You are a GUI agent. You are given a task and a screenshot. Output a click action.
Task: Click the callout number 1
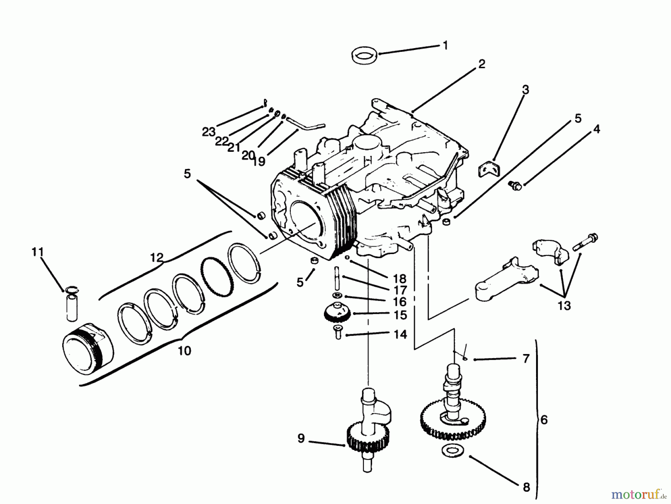[x=445, y=46]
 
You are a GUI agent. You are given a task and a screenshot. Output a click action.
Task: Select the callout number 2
[x=482, y=64]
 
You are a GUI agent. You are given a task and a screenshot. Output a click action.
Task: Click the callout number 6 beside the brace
[x=544, y=420]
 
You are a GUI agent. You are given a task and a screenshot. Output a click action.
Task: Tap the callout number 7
[x=526, y=359]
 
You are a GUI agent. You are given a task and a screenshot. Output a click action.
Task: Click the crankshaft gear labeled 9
[x=368, y=439]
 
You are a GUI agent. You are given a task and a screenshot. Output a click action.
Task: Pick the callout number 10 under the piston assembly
[x=185, y=351]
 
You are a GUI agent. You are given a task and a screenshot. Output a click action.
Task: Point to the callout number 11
[x=38, y=252]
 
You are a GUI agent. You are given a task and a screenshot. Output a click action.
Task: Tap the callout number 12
[x=157, y=257]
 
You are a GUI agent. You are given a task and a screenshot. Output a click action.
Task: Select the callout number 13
[x=564, y=306]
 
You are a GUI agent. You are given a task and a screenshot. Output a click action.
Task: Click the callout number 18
[x=399, y=279]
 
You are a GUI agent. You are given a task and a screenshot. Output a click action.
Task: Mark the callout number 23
[x=209, y=132]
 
